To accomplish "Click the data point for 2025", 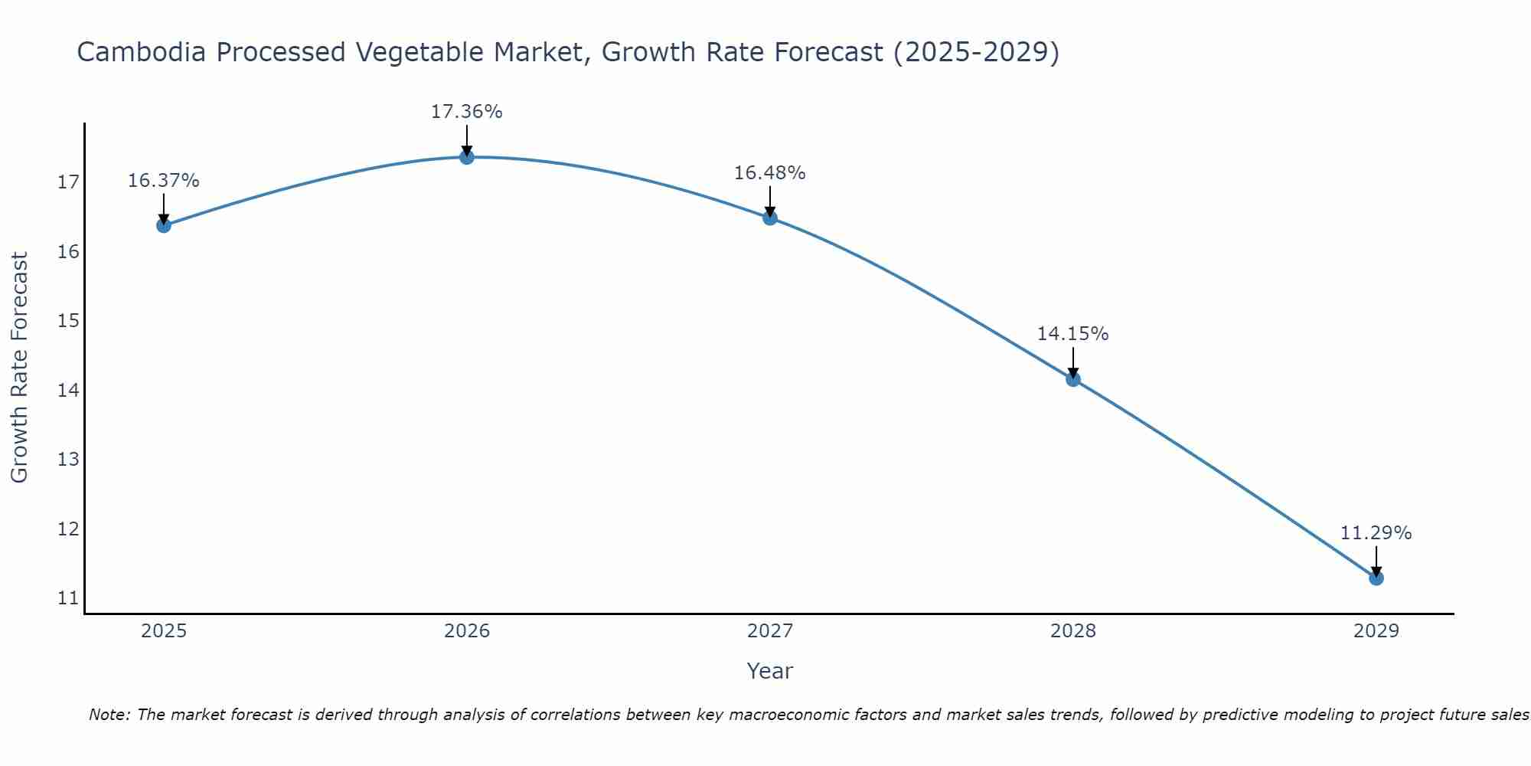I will tap(164, 225).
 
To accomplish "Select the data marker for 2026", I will tap(467, 157).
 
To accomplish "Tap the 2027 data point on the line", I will tap(770, 218).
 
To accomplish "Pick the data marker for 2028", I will tap(1073, 379).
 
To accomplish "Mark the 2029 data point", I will tap(1376, 578).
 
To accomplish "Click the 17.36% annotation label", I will tap(467, 112).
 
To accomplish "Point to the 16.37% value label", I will tap(164, 181).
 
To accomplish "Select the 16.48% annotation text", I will tap(770, 173).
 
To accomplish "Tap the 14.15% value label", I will tap(1073, 334).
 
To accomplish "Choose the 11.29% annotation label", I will tap(1376, 533).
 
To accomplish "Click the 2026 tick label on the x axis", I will tap(467, 631).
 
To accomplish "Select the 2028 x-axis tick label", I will tap(1073, 631).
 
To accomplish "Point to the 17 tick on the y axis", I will tap(68, 182).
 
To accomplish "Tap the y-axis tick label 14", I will tap(68, 391).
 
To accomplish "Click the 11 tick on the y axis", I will tap(68, 598).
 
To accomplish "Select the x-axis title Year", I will tap(770, 671).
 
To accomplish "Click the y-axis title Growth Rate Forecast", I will tap(20, 368).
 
